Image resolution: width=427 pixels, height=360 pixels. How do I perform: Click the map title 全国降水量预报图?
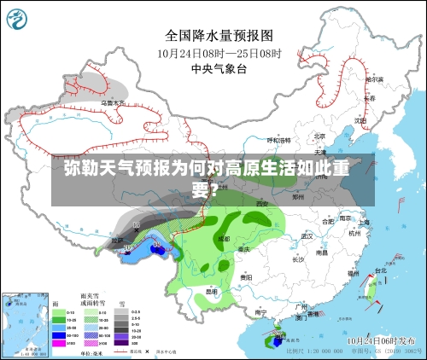click(219, 36)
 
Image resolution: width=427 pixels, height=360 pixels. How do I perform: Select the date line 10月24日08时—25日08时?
click(219, 53)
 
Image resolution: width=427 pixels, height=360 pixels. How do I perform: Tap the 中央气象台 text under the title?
click(219, 69)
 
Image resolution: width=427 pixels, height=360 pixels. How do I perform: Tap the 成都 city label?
click(224, 239)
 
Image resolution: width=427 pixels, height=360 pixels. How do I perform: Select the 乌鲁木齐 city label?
click(112, 103)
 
